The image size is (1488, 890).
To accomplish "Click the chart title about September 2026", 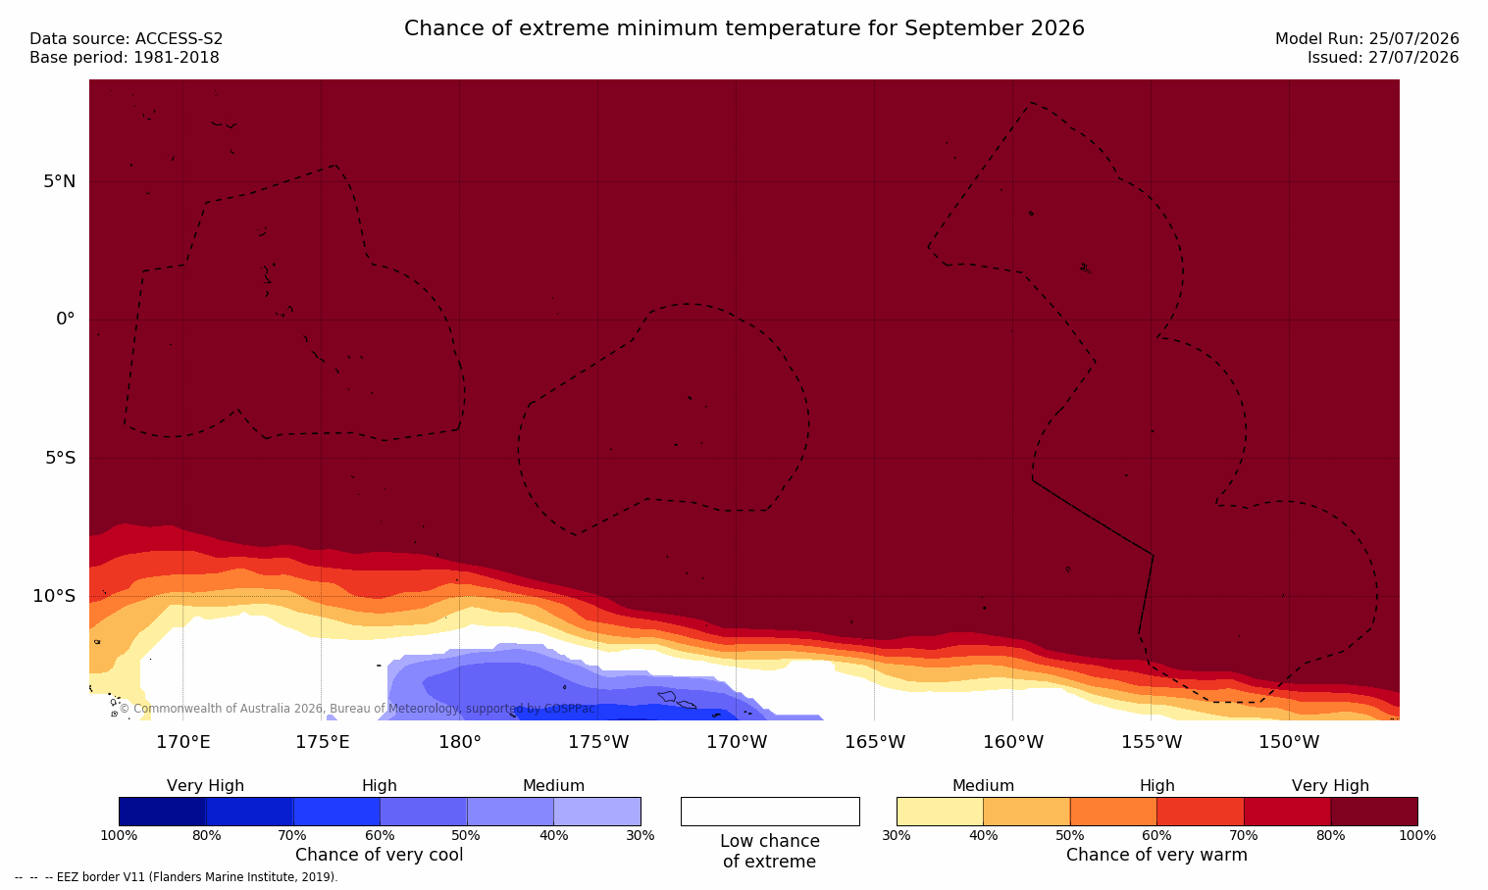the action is pyautogui.click(x=744, y=28).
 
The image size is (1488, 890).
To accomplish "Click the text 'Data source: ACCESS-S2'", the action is pyautogui.click(x=127, y=39).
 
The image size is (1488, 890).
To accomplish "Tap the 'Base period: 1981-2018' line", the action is pyautogui.click(x=125, y=58).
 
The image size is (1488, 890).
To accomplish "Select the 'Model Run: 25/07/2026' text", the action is pyautogui.click(x=1366, y=39).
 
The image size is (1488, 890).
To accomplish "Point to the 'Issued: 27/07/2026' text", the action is pyautogui.click(x=1382, y=58).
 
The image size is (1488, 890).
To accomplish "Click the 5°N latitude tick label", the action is pyautogui.click(x=60, y=181).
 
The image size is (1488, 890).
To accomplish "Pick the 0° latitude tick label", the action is pyautogui.click(x=65, y=320).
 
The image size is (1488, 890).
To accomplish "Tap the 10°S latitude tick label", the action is pyautogui.click(x=55, y=596).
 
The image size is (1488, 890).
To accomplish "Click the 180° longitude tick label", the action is pyautogui.click(x=460, y=742).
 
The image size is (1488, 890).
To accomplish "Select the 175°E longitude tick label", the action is pyautogui.click(x=322, y=742).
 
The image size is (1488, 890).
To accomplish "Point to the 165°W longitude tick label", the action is pyautogui.click(x=875, y=742).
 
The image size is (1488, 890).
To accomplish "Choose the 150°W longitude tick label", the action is pyautogui.click(x=1290, y=742).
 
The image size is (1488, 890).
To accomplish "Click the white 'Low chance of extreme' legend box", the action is pyautogui.click(x=770, y=811).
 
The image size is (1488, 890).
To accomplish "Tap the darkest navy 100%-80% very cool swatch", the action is pyautogui.click(x=163, y=811).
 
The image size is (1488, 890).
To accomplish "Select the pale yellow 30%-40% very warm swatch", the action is pyautogui.click(x=940, y=811).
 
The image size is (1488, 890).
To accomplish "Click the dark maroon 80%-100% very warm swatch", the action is pyautogui.click(x=1374, y=811).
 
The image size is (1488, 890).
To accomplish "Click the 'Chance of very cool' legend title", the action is pyautogui.click(x=380, y=855).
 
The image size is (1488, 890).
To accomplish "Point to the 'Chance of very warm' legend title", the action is pyautogui.click(x=1156, y=855).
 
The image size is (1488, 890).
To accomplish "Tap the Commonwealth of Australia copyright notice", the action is pyautogui.click(x=357, y=709).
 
